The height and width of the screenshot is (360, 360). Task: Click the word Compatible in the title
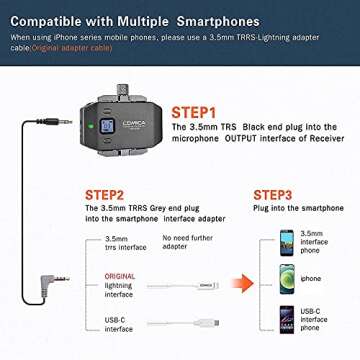58,19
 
